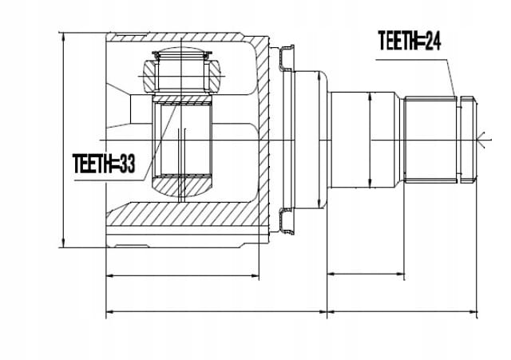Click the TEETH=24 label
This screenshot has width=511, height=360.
410,41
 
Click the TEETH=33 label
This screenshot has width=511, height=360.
104,163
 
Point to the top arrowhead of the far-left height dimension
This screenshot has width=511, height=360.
64,37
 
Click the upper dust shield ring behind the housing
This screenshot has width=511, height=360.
286,58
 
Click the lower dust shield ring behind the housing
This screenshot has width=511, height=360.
286,221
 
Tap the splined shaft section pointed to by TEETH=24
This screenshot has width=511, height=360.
430,140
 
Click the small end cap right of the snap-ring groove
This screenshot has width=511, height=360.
467,140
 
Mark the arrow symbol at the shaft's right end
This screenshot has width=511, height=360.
483,140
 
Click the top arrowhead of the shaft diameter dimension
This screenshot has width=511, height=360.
370,97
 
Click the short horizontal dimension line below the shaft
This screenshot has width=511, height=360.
366,274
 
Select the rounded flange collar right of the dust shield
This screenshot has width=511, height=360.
311,140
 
